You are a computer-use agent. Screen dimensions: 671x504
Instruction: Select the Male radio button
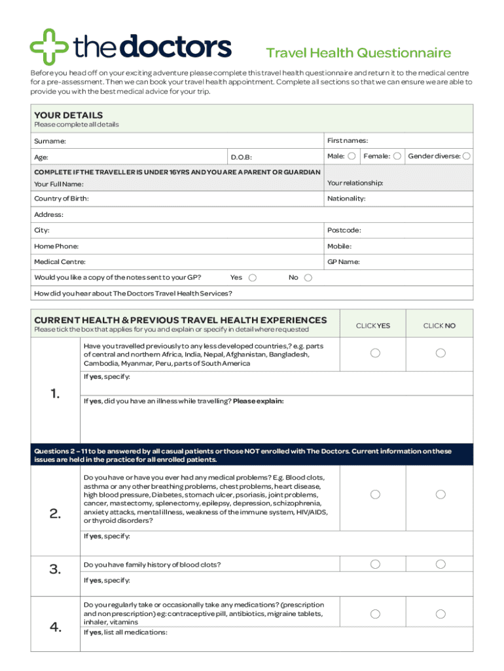pos(352,156)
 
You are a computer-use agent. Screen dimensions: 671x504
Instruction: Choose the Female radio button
pos(397,156)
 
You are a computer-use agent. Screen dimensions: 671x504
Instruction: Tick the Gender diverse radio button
pos(467,156)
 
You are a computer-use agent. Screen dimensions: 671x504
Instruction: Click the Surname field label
pos(50,141)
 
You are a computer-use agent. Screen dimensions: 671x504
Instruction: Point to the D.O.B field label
pos(241,157)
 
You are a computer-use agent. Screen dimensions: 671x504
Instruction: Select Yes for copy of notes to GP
pos(253,278)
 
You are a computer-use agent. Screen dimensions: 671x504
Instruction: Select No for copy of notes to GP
pos(308,278)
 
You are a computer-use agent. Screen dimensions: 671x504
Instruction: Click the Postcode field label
pos(344,231)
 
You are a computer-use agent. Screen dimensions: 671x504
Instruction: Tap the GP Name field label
pos(343,262)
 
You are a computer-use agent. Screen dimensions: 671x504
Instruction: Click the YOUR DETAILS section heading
pos(68,115)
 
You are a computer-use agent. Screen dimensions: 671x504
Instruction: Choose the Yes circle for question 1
pos(375,353)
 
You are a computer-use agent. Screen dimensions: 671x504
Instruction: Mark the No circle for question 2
pos(441,494)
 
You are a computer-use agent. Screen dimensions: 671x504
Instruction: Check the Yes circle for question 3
pos(375,564)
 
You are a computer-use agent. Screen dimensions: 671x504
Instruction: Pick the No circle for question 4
pos(441,614)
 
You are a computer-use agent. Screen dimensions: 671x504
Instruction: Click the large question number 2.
pos(55,514)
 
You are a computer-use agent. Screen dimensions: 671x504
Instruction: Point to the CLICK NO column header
pos(439,326)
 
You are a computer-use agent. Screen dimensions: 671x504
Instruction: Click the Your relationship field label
pos(355,183)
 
